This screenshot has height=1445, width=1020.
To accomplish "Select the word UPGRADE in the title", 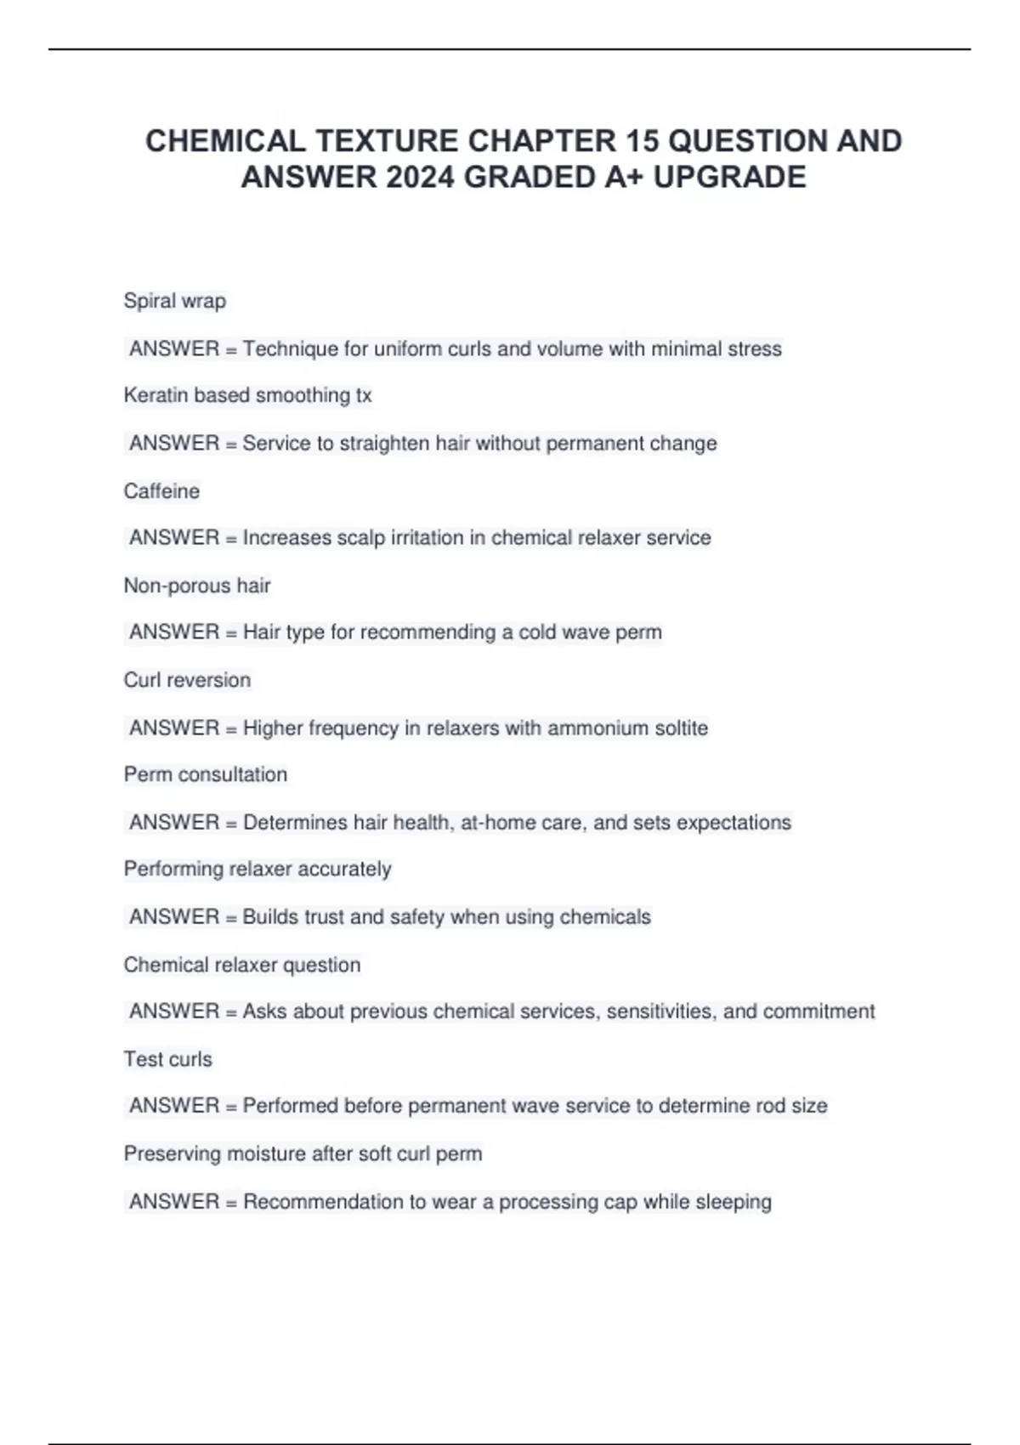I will coord(729,177).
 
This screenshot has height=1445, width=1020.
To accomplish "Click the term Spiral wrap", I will coord(175,301).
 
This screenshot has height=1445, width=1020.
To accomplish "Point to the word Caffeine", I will coord(161,491).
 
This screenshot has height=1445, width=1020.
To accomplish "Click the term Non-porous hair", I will coord(197,586).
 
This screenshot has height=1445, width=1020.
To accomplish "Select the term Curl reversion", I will coord(187,680).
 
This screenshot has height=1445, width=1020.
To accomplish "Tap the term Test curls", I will coord(167,1059).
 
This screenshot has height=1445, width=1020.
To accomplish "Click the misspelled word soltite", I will coord(677,728).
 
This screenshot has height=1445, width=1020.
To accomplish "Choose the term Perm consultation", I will coord(206,774).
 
